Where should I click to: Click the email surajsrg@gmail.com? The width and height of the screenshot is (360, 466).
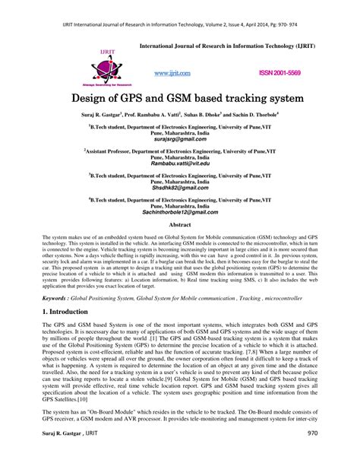[x=179, y=139]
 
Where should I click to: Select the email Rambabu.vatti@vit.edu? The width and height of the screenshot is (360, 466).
[x=179, y=163]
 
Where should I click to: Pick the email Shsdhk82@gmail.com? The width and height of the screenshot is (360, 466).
[x=179, y=188]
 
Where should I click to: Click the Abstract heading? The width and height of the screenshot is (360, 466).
[x=179, y=226]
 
